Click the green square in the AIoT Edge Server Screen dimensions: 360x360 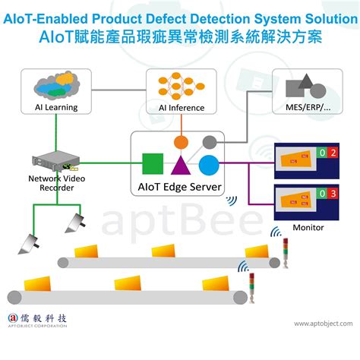153,163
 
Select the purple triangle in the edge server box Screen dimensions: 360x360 181,165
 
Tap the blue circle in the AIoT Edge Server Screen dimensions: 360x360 209,163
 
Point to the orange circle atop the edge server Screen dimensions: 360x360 181,141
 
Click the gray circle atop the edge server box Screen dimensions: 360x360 208,141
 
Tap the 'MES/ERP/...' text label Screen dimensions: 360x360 307,108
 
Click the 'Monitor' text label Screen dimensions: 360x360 308,227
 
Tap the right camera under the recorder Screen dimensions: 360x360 75,222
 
